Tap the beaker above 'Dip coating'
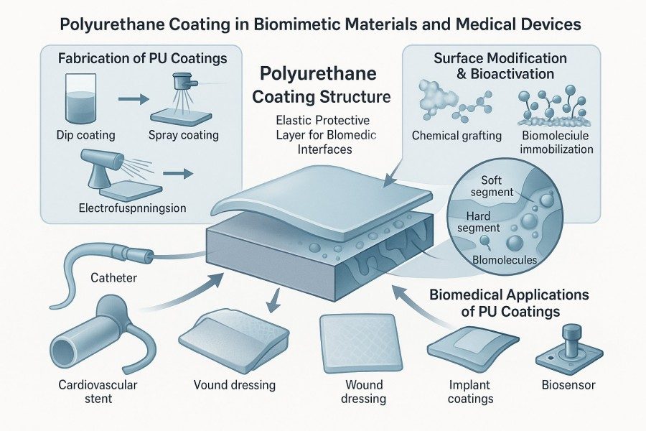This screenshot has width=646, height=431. click(x=85, y=97)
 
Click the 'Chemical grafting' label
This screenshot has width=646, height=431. click(x=457, y=136)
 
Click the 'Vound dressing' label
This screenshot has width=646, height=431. click(x=235, y=385)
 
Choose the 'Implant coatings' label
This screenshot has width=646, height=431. click(x=464, y=391)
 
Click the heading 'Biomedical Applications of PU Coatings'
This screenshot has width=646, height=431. click(x=508, y=302)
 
